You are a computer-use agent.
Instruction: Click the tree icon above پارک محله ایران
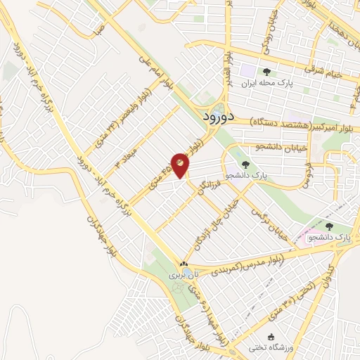266,72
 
